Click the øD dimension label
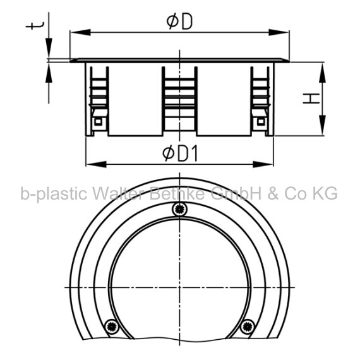click(x=179, y=22)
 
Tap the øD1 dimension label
click(x=180, y=154)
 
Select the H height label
click(x=311, y=99)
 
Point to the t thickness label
click(x=35, y=26)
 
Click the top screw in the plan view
click(x=180, y=209)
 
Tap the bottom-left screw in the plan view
click(x=112, y=327)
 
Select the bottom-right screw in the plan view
click(x=248, y=326)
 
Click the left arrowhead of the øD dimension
click(x=80, y=32)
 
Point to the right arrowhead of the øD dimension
click(x=279, y=32)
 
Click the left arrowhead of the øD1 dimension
click(x=96, y=164)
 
